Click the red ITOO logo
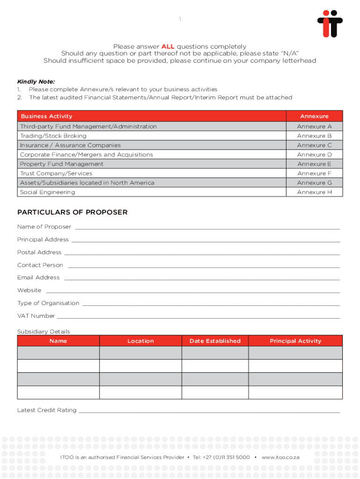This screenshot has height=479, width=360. click(330, 24)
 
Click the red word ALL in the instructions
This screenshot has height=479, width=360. click(168, 47)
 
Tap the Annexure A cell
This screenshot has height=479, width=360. click(314, 126)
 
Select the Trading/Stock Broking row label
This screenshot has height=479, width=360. click(53, 136)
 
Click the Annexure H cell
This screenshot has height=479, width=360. click(314, 192)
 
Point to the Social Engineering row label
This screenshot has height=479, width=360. click(47, 192)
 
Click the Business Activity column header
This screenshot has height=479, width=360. click(46, 116)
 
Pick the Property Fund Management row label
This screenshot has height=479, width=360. click(61, 164)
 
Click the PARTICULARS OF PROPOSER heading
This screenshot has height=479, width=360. click(72, 212)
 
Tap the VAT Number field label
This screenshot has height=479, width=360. click(36, 316)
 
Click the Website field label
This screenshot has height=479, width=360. click(29, 290)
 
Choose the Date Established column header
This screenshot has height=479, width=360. click(215, 341)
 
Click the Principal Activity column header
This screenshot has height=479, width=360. click(295, 341)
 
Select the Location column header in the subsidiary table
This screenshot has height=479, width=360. click(140, 341)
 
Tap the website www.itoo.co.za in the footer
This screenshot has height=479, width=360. click(280, 457)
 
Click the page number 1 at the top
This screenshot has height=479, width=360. click(180, 19)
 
